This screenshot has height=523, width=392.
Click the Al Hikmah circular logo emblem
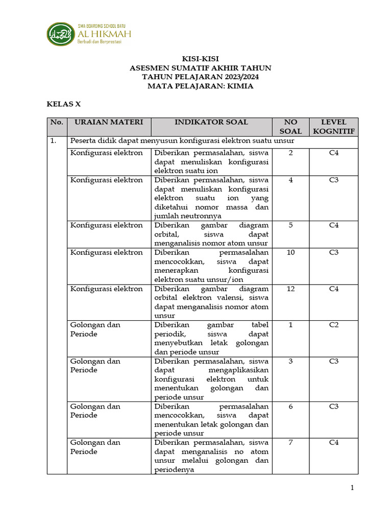pyautogui.click(x=61, y=34)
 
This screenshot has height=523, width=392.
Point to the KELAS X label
pyautogui.click(x=64, y=104)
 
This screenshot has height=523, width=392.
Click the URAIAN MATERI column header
pyautogui.click(x=109, y=122)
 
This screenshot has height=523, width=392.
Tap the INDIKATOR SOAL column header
pyautogui.click(x=211, y=122)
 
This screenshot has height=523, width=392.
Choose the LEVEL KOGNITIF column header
pyautogui.click(x=333, y=127)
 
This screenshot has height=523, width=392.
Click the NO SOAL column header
pyautogui.click(x=290, y=127)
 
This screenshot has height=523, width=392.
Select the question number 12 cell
pyautogui.click(x=290, y=289)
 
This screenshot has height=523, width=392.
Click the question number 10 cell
pyautogui.click(x=290, y=253)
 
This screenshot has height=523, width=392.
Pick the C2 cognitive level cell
pyautogui.click(x=333, y=325)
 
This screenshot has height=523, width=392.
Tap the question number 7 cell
pyautogui.click(x=290, y=442)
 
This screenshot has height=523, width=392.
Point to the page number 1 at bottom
pyautogui.click(x=352, y=488)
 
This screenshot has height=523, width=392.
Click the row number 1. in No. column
pyautogui.click(x=53, y=141)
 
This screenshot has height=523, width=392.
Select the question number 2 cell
pyautogui.click(x=290, y=153)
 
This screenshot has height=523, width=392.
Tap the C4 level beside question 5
pyautogui.click(x=333, y=225)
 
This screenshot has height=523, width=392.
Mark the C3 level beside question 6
pyautogui.click(x=333, y=407)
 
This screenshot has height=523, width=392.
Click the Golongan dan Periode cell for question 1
pyautogui.click(x=95, y=329)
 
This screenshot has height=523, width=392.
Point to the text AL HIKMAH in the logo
pyautogui.click(x=104, y=34)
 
